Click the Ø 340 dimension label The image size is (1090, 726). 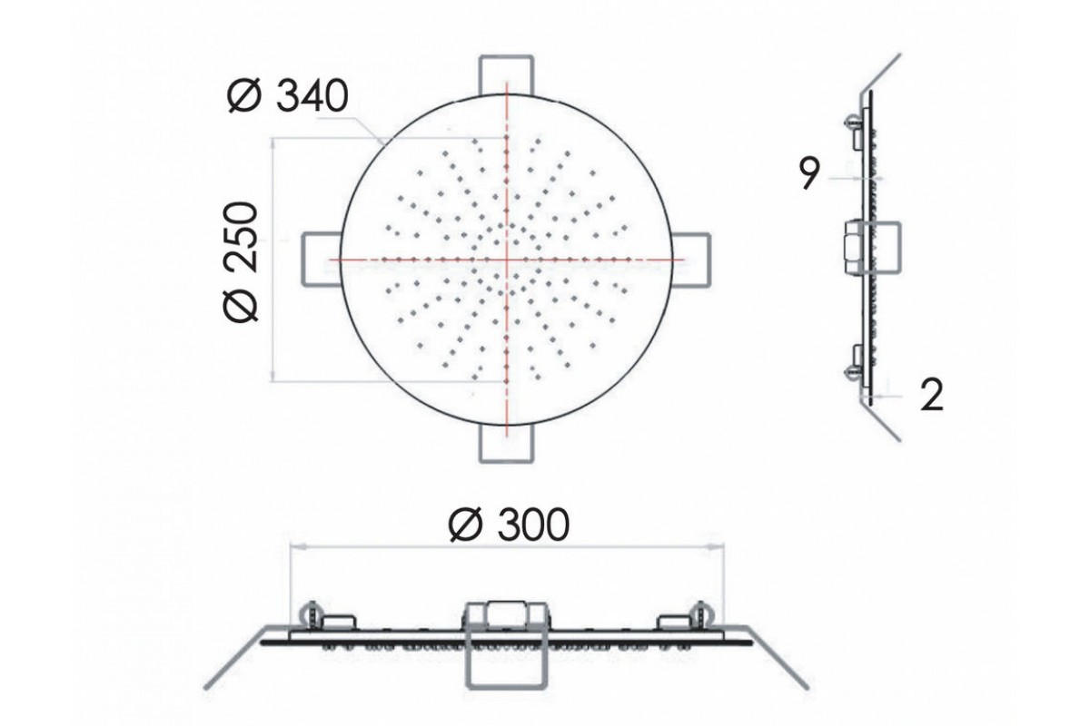tap(288, 96)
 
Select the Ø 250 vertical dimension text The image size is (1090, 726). tap(241, 262)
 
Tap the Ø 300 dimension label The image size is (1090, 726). tap(509, 525)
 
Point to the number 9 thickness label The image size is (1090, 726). tap(809, 173)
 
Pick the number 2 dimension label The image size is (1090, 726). tap(932, 396)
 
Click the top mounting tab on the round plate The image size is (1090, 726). tap(506, 75)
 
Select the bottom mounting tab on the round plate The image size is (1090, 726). tap(506, 444)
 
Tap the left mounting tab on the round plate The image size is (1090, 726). tap(322, 260)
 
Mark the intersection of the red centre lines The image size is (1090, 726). tap(507, 260)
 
